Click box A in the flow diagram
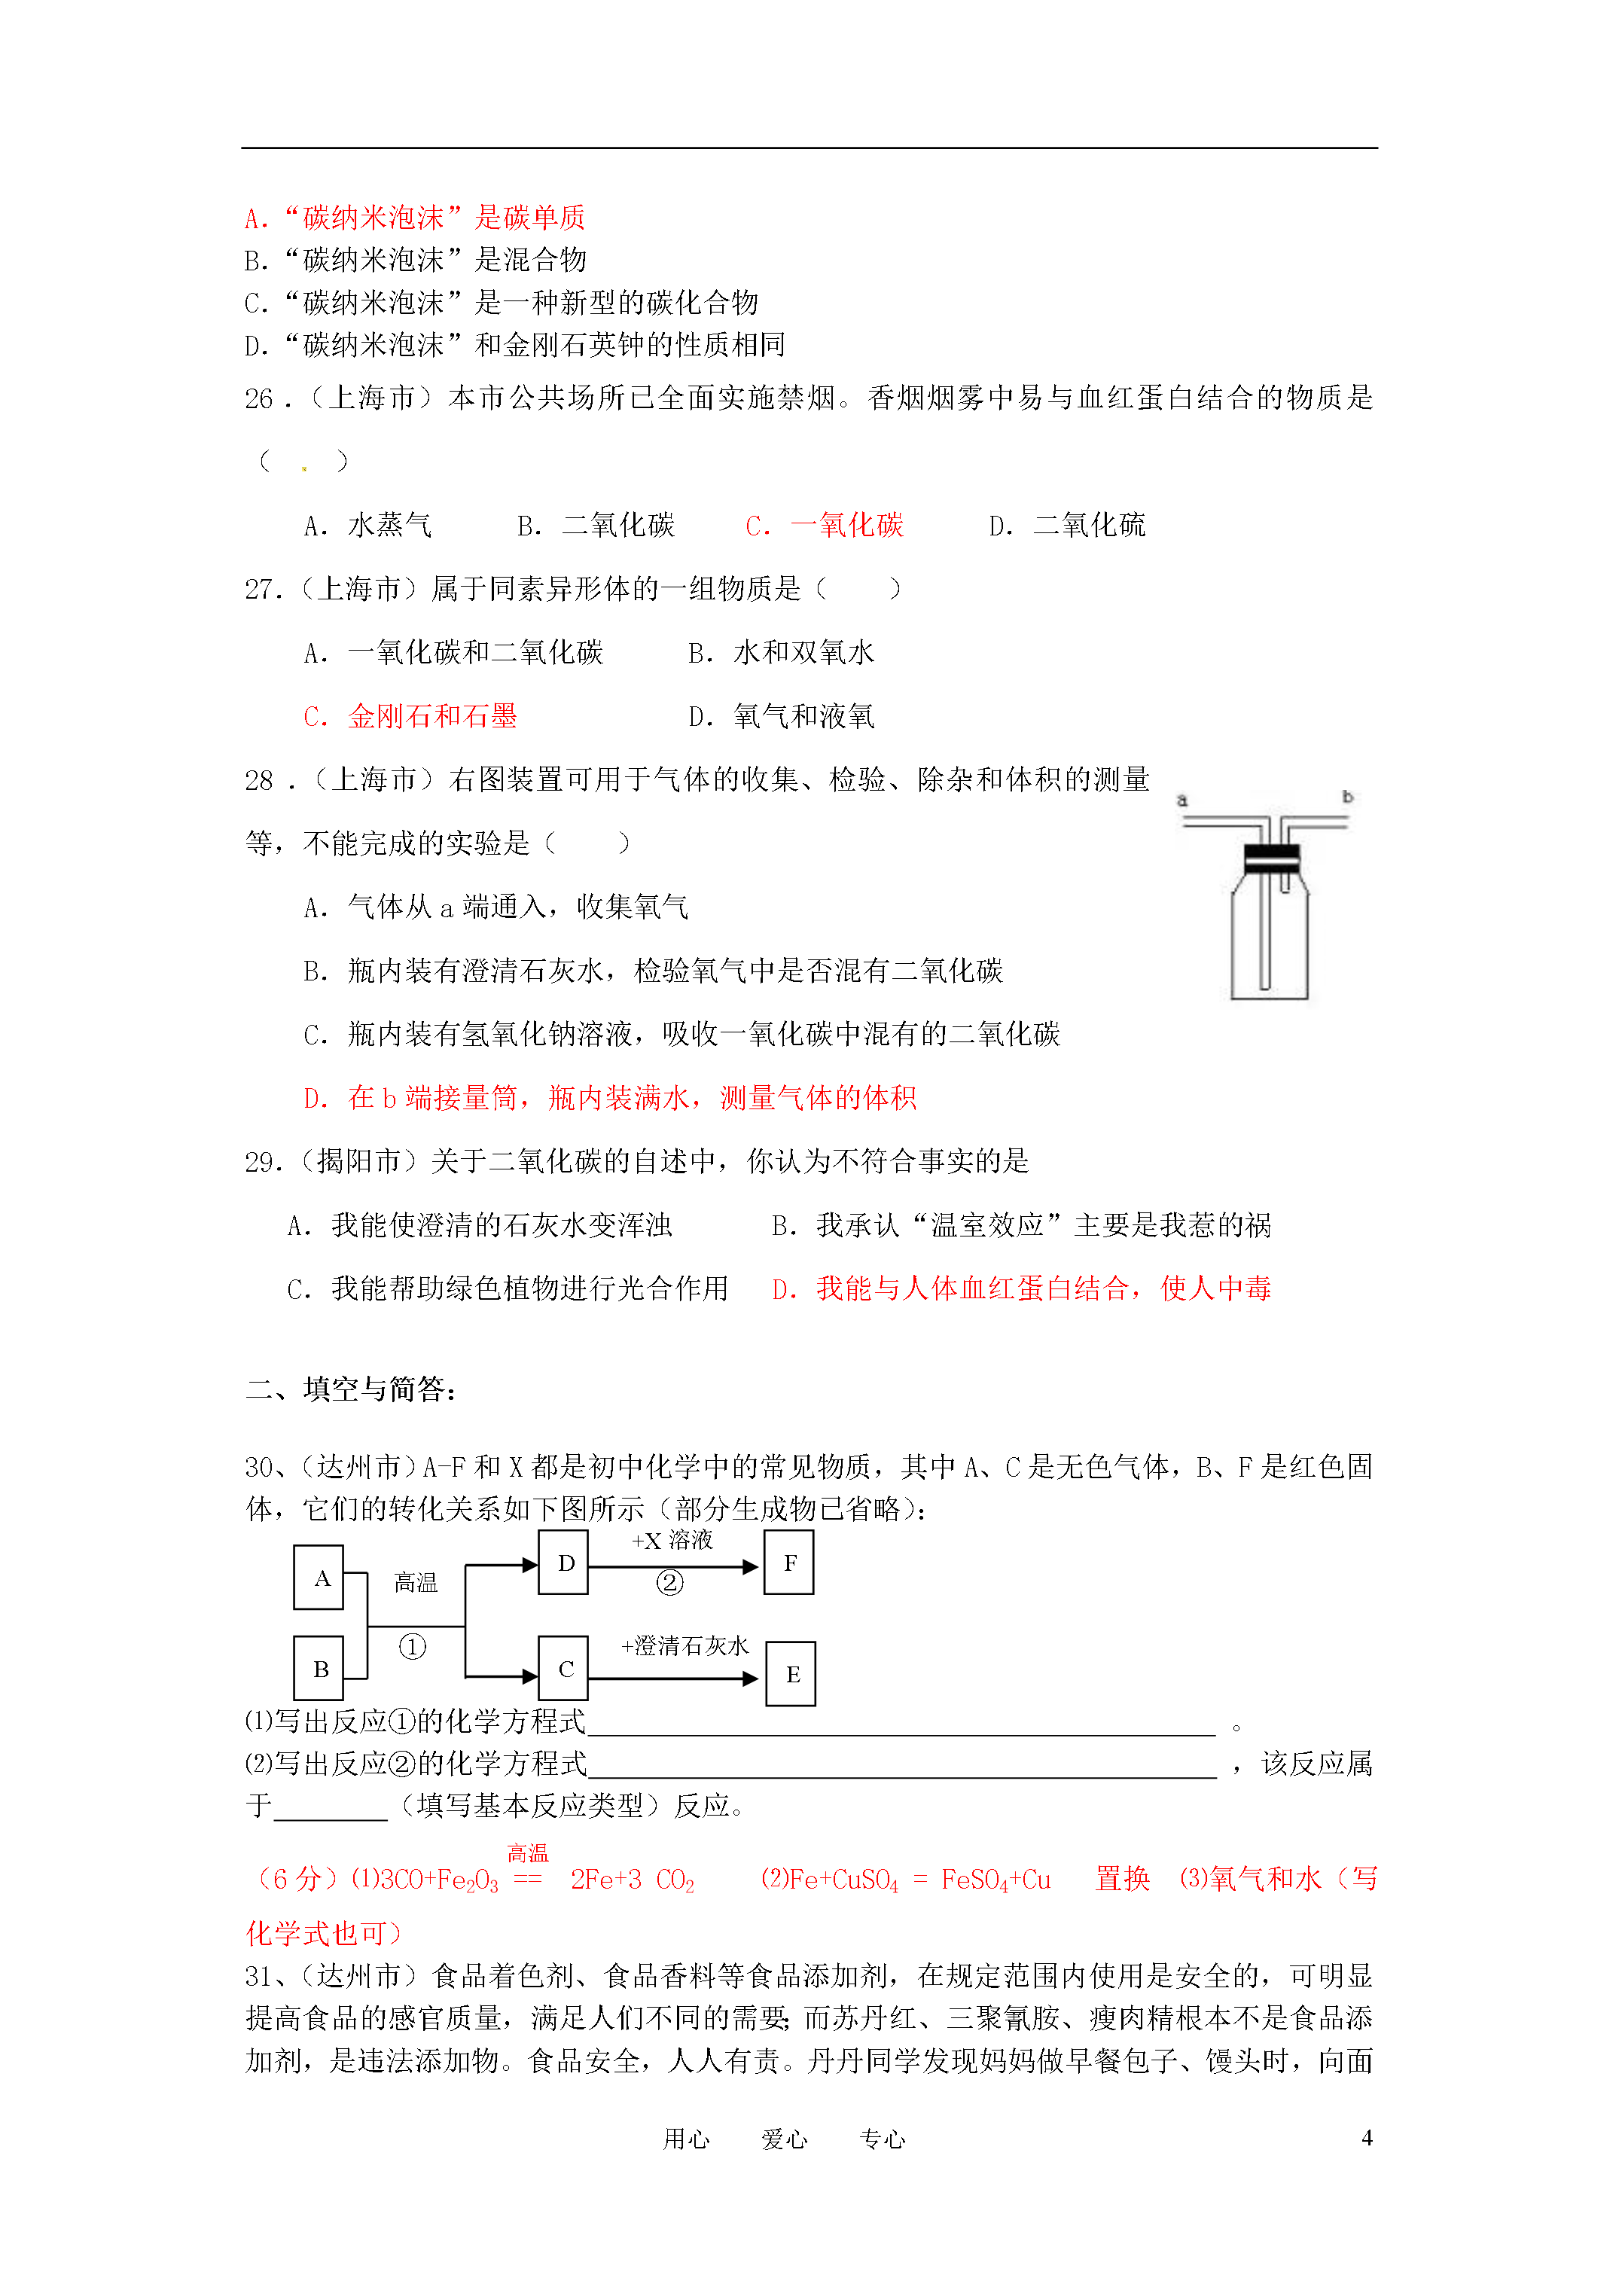[x=319, y=1577]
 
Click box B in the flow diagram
[x=319, y=1669]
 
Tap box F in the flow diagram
[x=789, y=1563]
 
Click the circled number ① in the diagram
[x=412, y=1645]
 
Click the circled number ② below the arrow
[x=669, y=1583]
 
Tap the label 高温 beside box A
[x=416, y=1582]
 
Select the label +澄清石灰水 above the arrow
[x=684, y=1645]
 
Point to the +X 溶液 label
[x=672, y=1541]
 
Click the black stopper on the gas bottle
[x=1271, y=858]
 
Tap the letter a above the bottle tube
[x=1182, y=800]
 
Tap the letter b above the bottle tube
[x=1346, y=797]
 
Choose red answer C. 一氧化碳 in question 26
[x=825, y=526]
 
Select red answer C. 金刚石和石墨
[x=410, y=716]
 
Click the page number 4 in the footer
[x=1366, y=2137]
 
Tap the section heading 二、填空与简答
[x=351, y=1389]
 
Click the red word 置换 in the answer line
[x=1122, y=1879]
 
